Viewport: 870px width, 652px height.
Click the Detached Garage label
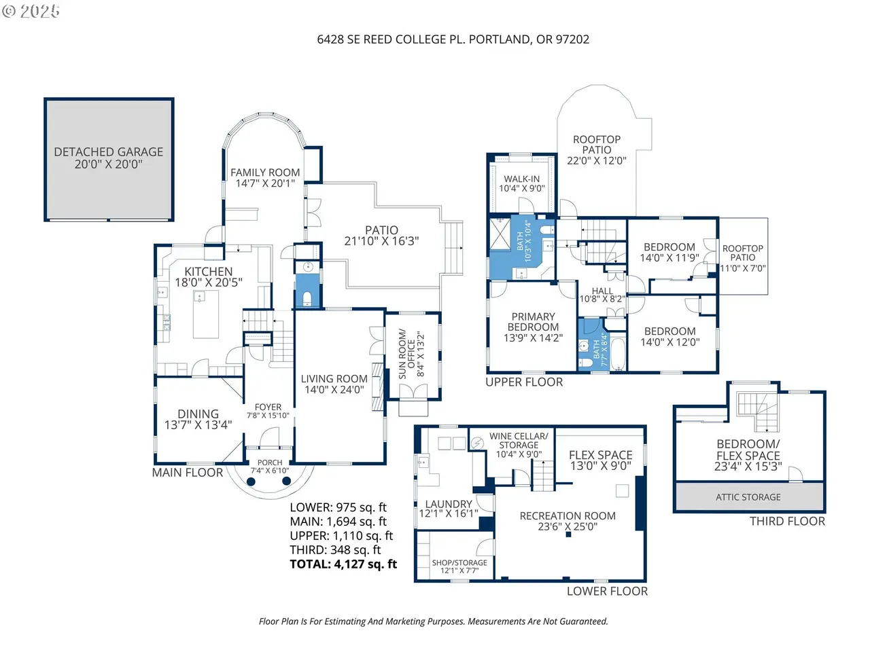(x=109, y=151)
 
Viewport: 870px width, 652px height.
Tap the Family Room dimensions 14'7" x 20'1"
(x=265, y=183)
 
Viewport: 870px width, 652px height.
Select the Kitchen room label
(x=209, y=272)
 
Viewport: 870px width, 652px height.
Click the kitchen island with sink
(x=206, y=314)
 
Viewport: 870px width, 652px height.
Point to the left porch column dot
(x=251, y=482)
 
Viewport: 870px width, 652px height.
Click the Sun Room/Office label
(x=406, y=354)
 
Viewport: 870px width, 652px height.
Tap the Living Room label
(x=334, y=379)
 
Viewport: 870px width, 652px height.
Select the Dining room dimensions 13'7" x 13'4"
(x=198, y=425)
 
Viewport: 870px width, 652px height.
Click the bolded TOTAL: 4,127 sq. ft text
(x=343, y=564)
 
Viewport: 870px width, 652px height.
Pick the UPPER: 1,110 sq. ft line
(x=341, y=536)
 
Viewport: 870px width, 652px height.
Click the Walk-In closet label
(x=521, y=179)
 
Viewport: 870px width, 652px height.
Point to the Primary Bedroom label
(x=533, y=322)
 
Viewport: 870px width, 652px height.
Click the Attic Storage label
(x=748, y=497)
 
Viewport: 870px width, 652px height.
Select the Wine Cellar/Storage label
(x=519, y=441)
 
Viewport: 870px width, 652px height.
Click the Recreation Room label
(x=568, y=515)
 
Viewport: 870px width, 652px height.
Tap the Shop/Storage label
(x=459, y=562)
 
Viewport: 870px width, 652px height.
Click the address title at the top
(x=453, y=39)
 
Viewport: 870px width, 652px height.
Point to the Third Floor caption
(x=787, y=521)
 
